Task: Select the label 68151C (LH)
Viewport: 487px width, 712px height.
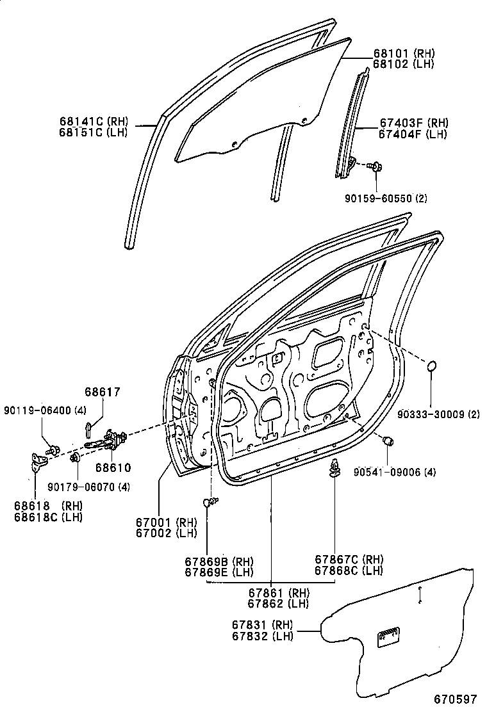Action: tap(93, 133)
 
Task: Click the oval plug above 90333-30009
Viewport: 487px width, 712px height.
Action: tap(432, 367)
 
